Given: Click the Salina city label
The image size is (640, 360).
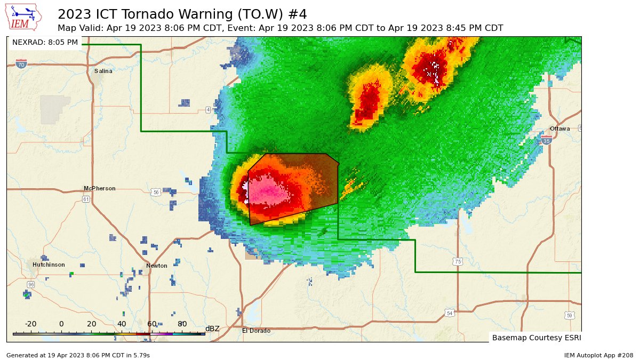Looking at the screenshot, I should click(103, 71).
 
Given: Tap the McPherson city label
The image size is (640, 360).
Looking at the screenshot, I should click(99, 188).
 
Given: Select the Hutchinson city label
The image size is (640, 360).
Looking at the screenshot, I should click(49, 265).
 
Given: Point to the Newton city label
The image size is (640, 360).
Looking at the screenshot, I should click(157, 266).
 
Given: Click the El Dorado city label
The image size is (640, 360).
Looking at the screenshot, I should click(256, 331).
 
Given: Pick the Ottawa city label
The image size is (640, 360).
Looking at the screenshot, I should click(559, 129).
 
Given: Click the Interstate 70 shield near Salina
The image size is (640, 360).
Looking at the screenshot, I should click(21, 64).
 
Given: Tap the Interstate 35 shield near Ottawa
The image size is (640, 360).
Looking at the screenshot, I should click(547, 140).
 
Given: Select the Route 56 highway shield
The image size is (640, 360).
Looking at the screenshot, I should click(155, 192).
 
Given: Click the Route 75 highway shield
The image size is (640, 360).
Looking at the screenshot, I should click(457, 261).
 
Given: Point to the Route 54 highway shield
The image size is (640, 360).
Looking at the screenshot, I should click(450, 313).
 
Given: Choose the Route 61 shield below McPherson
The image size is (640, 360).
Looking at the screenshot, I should click(86, 199).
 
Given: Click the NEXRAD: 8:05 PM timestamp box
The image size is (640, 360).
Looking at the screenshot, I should click(45, 42).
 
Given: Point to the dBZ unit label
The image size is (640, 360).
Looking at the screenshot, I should click(212, 329).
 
